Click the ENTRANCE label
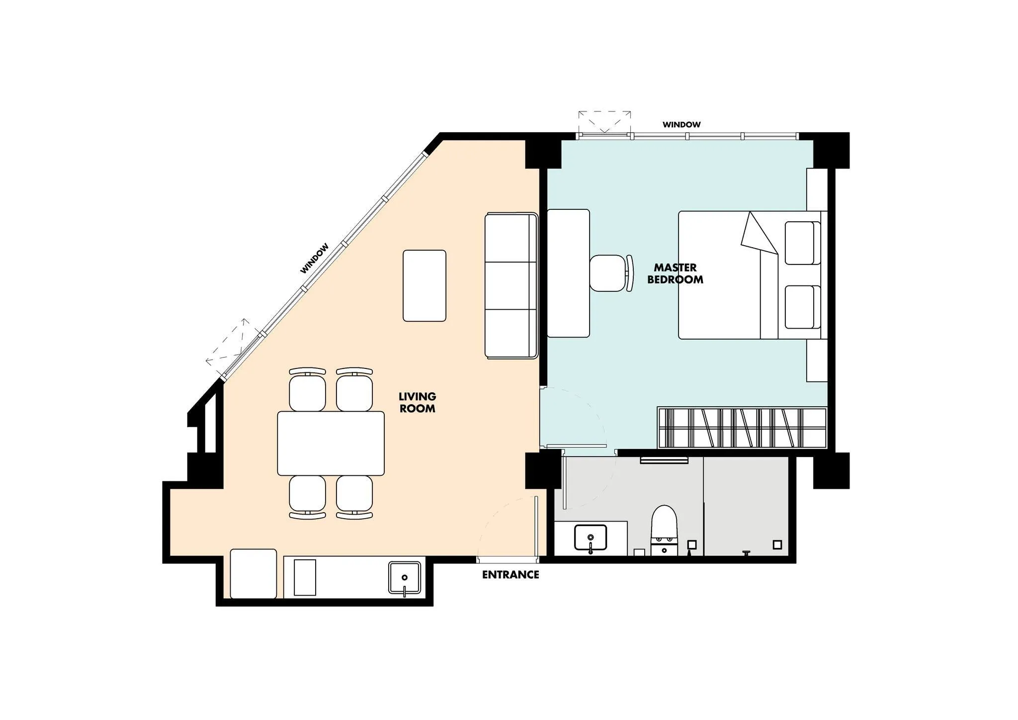[510, 575]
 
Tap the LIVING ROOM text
[418, 403]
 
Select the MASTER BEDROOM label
[675, 274]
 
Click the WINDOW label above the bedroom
[681, 125]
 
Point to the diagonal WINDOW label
[315, 258]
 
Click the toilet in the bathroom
[664, 530]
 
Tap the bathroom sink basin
[591, 539]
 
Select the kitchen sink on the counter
[405, 578]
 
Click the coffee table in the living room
[424, 286]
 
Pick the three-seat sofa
[511, 286]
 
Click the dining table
[331, 444]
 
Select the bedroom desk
[568, 273]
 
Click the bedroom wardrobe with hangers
[742, 428]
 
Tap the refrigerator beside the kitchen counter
[254, 574]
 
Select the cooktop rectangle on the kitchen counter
[305, 577]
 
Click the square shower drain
[777, 544]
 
